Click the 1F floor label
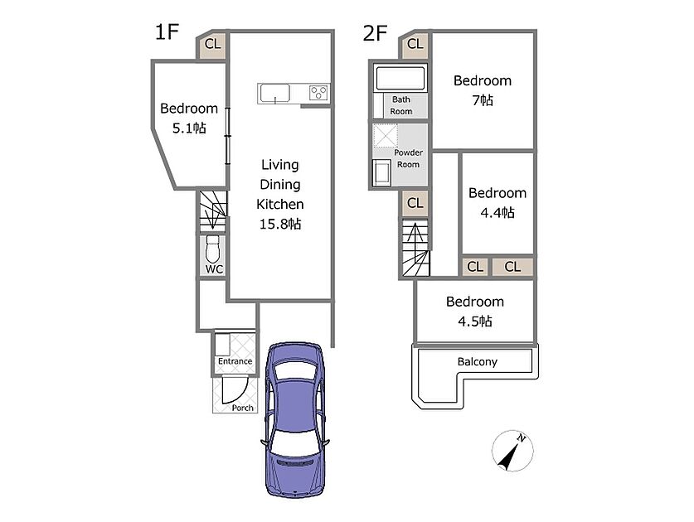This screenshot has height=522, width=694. pyautogui.click(x=167, y=32)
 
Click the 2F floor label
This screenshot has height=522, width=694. pyautogui.click(x=375, y=33)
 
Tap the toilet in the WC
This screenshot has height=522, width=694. pyautogui.click(x=212, y=249)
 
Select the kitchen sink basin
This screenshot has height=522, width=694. pyautogui.click(x=274, y=94)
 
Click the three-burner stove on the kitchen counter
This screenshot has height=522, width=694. pyautogui.click(x=318, y=93)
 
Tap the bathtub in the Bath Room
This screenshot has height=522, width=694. pyautogui.click(x=400, y=78)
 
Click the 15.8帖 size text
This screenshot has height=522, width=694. pyautogui.click(x=280, y=224)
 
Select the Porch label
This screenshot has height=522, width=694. pyautogui.click(x=243, y=408)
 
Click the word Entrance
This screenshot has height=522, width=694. pyautogui.click(x=235, y=361)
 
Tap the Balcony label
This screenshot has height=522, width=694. pyautogui.click(x=477, y=362)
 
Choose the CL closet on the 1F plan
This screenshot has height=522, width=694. pyautogui.click(x=212, y=44)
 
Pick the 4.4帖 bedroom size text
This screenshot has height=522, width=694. pyautogui.click(x=497, y=213)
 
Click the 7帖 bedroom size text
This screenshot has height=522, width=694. pyautogui.click(x=483, y=100)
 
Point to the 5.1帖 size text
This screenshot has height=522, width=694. pyautogui.click(x=189, y=128)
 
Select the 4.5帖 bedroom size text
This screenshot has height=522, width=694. pyautogui.click(x=475, y=321)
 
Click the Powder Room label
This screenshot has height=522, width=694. pyautogui.click(x=408, y=158)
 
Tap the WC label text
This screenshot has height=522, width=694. pyautogui.click(x=214, y=269)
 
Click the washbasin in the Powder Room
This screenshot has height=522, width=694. pyautogui.click(x=381, y=172)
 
